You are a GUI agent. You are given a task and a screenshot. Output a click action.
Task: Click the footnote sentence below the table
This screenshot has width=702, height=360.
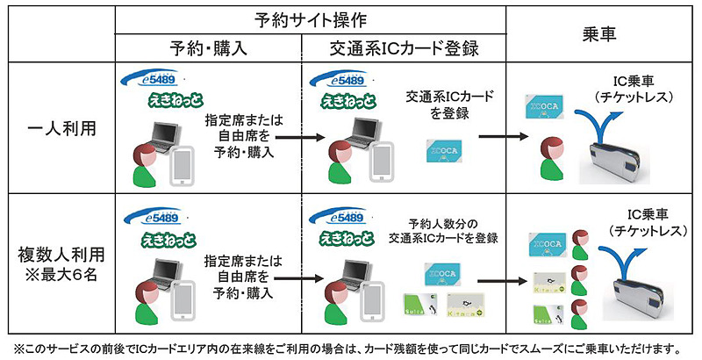click(x=351, y=348)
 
